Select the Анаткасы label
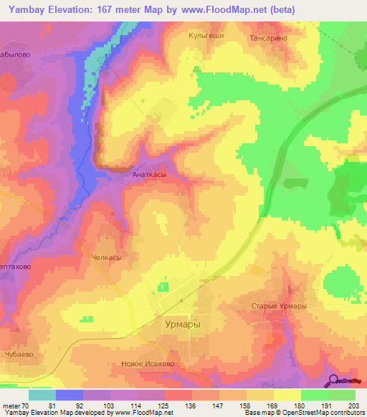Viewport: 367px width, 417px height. (x=151, y=173)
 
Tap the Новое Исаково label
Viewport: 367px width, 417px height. (x=148, y=363)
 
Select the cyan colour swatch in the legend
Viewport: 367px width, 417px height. (x=42, y=395)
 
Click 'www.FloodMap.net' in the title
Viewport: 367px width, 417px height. (x=219, y=9)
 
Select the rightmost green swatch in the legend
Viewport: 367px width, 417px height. (x=342, y=395)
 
